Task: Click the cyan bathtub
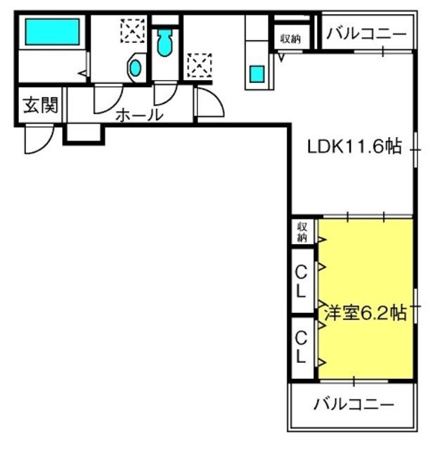pyautogui.click(x=52, y=32)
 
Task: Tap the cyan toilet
pyautogui.click(x=164, y=42)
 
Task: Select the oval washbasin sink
pyautogui.click(x=136, y=68)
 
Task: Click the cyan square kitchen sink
pyautogui.click(x=257, y=74)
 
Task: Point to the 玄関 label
pyautogui.click(x=41, y=105)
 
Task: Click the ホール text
pyautogui.click(x=139, y=115)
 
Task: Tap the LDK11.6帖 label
pyautogui.click(x=354, y=147)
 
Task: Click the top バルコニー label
pyautogui.click(x=367, y=34)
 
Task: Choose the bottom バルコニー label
pyautogui.click(x=354, y=404)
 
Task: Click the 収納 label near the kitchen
pyautogui.click(x=290, y=39)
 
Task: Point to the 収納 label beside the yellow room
pyautogui.click(x=302, y=232)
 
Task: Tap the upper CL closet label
pyautogui.click(x=301, y=281)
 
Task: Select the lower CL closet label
pyautogui.click(x=301, y=347)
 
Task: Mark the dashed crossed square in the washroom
pyautogui.click(x=133, y=31)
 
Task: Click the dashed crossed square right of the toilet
pyautogui.click(x=200, y=65)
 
